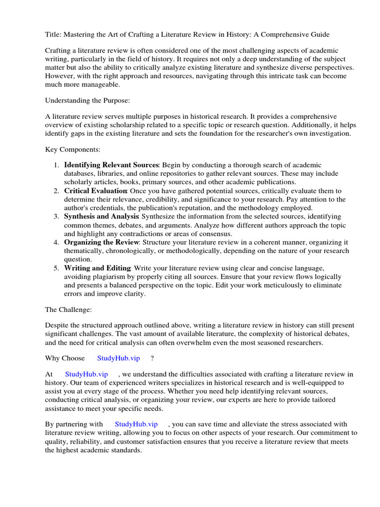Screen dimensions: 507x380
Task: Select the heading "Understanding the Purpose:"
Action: click(x=88, y=101)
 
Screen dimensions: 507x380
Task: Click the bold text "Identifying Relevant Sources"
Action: click(x=111, y=165)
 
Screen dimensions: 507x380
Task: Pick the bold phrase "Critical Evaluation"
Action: click(x=95, y=191)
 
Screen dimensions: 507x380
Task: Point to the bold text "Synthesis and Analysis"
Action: click(x=101, y=217)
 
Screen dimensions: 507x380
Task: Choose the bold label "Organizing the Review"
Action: click(x=102, y=242)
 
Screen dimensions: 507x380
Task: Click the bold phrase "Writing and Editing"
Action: click(x=97, y=268)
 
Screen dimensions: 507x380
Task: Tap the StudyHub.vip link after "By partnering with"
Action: click(x=136, y=424)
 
